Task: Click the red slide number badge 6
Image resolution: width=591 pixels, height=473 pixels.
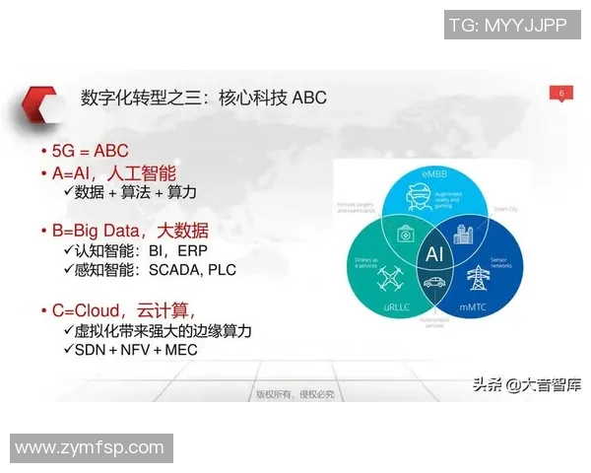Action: point(560,94)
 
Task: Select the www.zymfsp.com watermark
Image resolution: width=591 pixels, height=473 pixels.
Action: point(90,448)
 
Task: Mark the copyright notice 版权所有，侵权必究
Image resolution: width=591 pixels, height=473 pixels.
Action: point(295,394)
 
